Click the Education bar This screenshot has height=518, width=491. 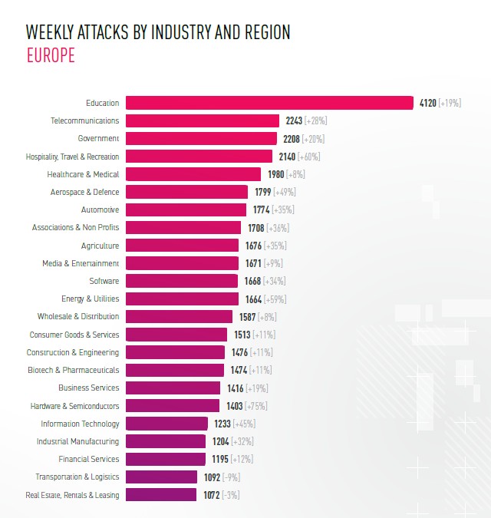(x=269, y=103)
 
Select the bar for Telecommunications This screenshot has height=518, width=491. (x=203, y=120)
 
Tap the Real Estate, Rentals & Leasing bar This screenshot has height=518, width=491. (x=161, y=495)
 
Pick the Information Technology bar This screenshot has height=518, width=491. (x=166, y=424)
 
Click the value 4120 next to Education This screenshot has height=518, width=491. (x=427, y=103)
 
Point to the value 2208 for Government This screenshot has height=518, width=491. (x=291, y=139)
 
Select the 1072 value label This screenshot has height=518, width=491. (x=210, y=495)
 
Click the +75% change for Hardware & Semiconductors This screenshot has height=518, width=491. (x=255, y=406)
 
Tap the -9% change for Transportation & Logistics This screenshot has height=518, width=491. (x=230, y=477)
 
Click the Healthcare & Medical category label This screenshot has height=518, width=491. (x=83, y=174)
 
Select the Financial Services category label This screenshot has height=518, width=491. (x=89, y=459)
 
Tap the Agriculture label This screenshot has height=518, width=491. (x=100, y=246)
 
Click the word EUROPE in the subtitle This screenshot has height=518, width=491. (x=51, y=56)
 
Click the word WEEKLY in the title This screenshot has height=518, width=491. (x=49, y=32)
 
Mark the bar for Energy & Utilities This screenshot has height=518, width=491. (x=182, y=299)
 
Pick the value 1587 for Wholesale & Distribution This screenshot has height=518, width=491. (x=246, y=317)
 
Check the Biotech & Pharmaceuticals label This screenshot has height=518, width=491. (x=73, y=370)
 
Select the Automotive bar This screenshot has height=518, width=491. (x=186, y=210)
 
